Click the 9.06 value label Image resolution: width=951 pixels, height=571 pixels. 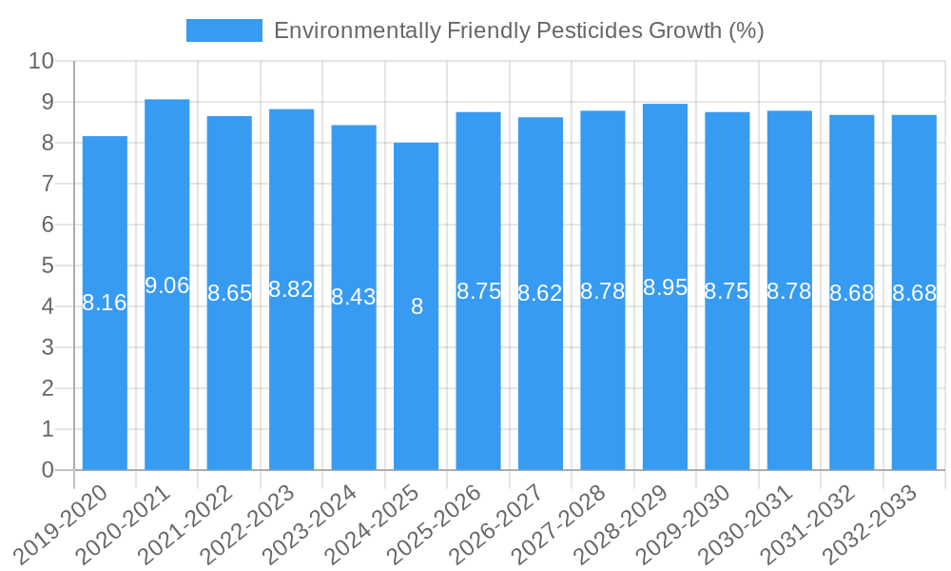pos(167,285)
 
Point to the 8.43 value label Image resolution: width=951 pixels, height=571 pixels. pos(354,297)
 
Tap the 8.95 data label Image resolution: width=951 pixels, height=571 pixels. pos(666,287)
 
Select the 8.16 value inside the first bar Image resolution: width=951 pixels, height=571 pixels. pos(105,303)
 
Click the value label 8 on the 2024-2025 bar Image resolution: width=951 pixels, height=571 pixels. pos(417,306)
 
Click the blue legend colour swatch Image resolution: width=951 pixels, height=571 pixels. pos(224,30)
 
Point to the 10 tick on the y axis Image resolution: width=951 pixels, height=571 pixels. pos(42,61)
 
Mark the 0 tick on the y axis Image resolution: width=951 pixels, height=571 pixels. pos(49,470)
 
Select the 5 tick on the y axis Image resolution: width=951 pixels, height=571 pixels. pos(49,266)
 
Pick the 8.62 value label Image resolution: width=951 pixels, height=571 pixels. pos(540,293)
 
